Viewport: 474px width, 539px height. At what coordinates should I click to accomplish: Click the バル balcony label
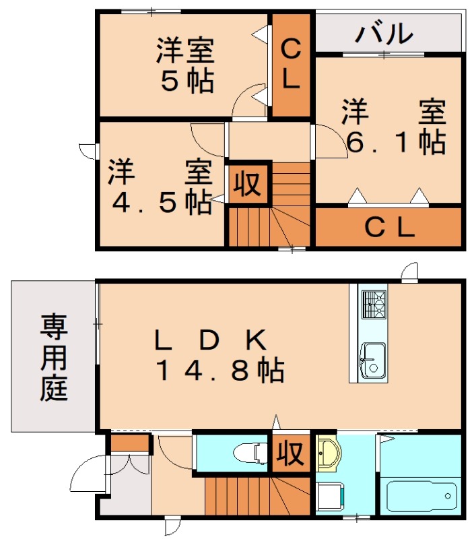point(384,32)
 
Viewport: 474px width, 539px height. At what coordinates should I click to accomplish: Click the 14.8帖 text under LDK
point(219,370)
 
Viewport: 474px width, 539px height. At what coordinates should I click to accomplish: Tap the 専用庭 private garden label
point(53,357)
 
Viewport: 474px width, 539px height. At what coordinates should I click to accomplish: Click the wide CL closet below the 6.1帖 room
point(388,228)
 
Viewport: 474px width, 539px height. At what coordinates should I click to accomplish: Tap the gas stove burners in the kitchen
point(372,304)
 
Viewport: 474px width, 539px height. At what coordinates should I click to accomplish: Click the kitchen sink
point(372,357)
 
